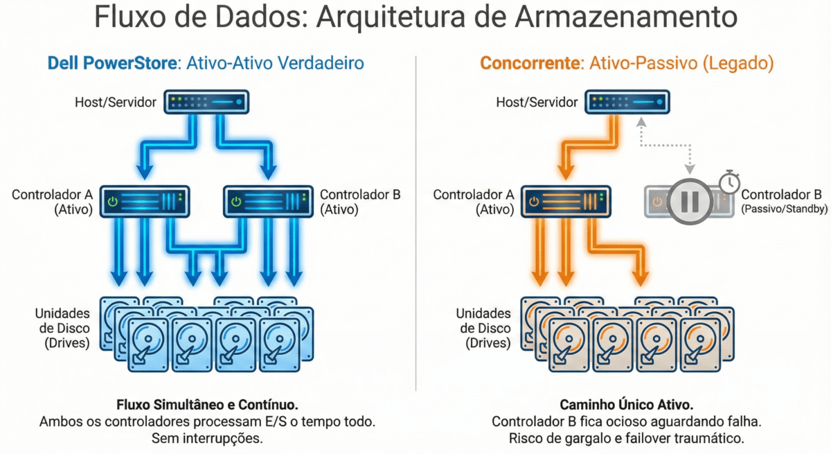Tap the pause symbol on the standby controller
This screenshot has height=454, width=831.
pyautogui.click(x=690, y=201)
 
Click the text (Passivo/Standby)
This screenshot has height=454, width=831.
pyautogui.click(x=784, y=209)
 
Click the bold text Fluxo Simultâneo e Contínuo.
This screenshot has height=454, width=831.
pyautogui.click(x=206, y=404)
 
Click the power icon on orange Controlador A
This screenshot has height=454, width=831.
pyautogui.click(x=533, y=202)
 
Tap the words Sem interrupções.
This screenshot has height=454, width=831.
pyautogui.click(x=206, y=438)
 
